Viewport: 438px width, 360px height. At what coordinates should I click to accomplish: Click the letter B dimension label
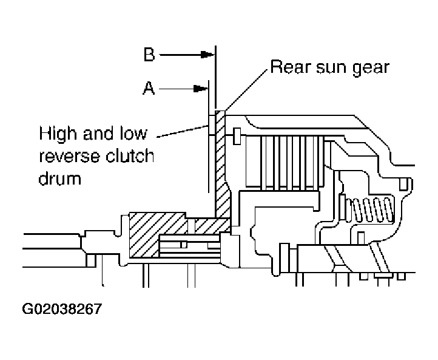(x=149, y=55)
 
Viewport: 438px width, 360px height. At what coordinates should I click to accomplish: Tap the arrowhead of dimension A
(x=202, y=89)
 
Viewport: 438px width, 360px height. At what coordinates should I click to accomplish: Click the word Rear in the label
(x=288, y=66)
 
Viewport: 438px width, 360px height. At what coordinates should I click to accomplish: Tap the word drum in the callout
(x=59, y=179)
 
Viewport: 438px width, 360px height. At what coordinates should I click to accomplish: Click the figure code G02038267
(x=62, y=309)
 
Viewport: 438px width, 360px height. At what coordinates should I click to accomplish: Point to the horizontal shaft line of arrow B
(x=182, y=55)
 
